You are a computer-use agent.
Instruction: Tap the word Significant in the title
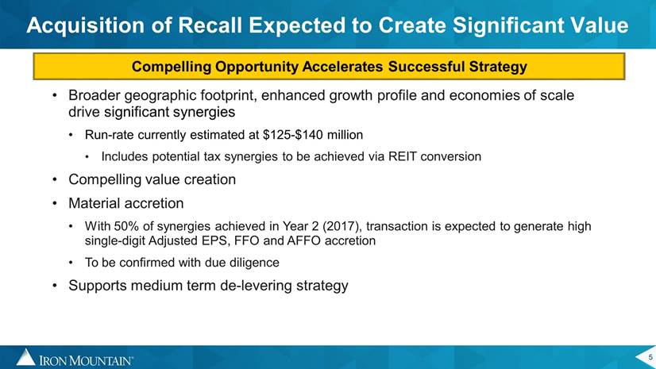pos(507,26)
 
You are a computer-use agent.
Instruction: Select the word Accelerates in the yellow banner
pos(342,66)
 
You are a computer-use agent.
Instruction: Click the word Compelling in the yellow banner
pos(172,67)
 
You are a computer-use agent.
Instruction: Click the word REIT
pos(403,156)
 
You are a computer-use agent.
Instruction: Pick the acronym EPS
pos(215,240)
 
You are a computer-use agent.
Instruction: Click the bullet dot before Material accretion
pos(54,203)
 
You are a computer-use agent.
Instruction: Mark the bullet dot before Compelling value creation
pos(54,179)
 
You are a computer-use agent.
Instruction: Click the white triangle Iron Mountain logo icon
pos(26,357)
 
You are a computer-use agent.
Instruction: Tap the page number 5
pos(650,357)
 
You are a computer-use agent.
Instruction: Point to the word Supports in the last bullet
pos(98,286)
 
